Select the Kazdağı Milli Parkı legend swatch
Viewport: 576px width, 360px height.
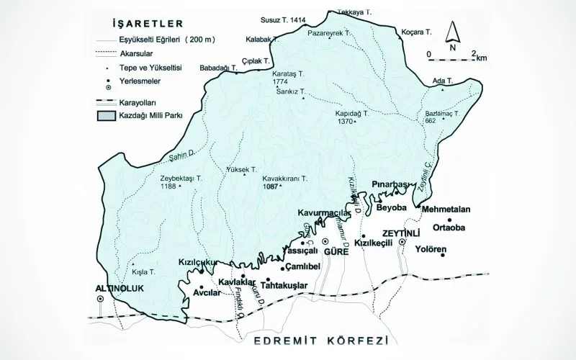point(107,114)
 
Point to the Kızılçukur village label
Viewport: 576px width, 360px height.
point(197,263)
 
